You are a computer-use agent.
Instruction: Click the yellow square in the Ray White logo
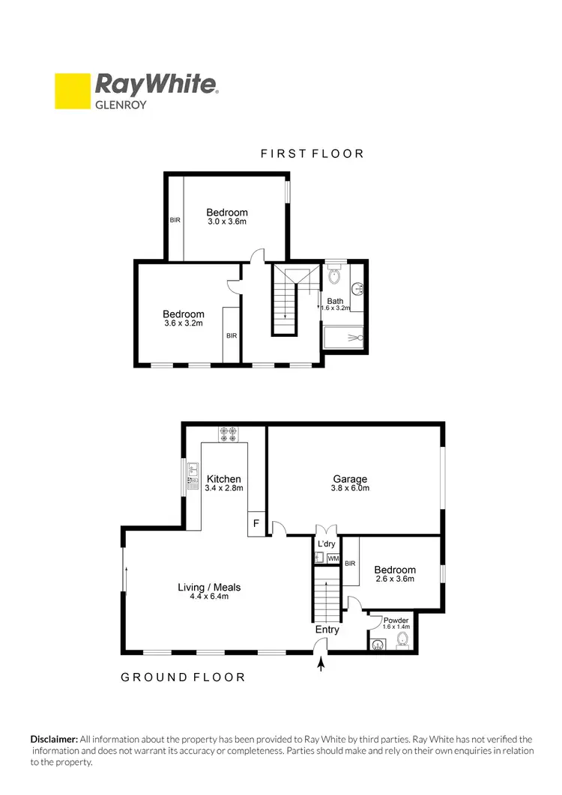click(x=73, y=91)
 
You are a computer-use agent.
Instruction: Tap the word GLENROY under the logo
click(x=120, y=106)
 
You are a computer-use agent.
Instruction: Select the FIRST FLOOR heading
click(x=312, y=153)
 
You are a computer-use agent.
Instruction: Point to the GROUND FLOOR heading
click(x=184, y=677)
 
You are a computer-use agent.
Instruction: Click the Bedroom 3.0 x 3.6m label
click(x=227, y=217)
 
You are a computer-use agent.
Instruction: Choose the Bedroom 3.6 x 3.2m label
click(x=184, y=319)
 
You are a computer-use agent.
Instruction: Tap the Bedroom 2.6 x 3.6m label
click(x=395, y=574)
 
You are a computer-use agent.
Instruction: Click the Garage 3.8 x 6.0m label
click(x=350, y=484)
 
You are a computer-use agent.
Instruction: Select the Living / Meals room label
click(x=209, y=591)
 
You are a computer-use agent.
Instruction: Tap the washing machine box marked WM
click(x=333, y=558)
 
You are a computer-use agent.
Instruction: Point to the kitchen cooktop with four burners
click(x=229, y=433)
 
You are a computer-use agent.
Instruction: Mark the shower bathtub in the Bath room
click(x=344, y=338)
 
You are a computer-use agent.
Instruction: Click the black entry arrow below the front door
click(x=322, y=663)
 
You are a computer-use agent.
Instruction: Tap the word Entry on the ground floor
click(x=327, y=630)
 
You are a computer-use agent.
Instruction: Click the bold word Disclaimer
click(x=53, y=738)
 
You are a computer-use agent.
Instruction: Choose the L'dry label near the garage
click(x=326, y=543)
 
